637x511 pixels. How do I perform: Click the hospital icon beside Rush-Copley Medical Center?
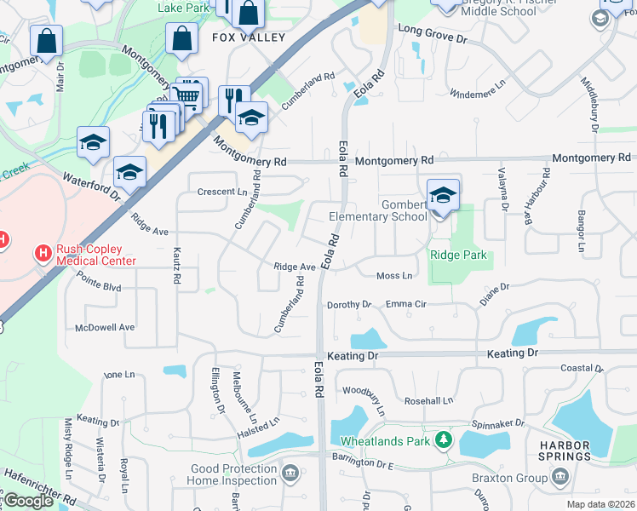coord(41,253)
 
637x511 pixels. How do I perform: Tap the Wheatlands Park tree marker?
coord(443,440)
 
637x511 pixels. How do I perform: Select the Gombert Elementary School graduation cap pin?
coord(443,196)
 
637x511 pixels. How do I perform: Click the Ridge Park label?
coord(458,255)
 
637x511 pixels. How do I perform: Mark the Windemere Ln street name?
coord(477,93)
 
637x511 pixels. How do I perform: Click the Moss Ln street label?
coord(394,275)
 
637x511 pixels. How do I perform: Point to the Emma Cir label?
coord(405,304)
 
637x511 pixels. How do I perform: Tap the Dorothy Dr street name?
coord(349,304)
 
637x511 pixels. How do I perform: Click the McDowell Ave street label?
coord(105,327)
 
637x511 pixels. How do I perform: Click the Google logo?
coord(28,501)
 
